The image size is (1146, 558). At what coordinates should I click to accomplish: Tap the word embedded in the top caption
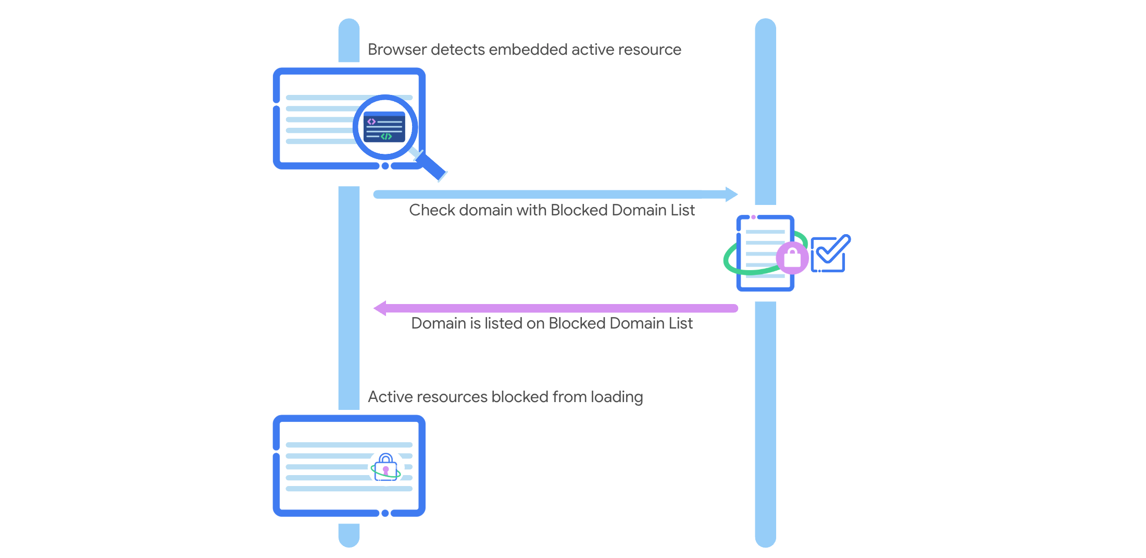tap(528, 50)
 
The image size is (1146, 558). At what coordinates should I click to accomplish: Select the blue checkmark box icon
tap(829, 254)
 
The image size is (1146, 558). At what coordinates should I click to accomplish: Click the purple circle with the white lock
tap(792, 258)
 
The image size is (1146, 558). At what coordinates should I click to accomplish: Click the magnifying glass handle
tap(432, 167)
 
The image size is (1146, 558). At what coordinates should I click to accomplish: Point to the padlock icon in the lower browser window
tap(386, 467)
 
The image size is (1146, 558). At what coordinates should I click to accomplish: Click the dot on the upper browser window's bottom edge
tap(385, 166)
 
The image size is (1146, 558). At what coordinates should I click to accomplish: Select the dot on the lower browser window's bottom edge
tap(385, 513)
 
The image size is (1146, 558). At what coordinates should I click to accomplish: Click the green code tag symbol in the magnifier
tap(386, 137)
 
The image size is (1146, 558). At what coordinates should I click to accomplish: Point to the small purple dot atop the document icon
tap(753, 217)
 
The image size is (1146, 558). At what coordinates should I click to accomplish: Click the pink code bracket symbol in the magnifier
tap(371, 122)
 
